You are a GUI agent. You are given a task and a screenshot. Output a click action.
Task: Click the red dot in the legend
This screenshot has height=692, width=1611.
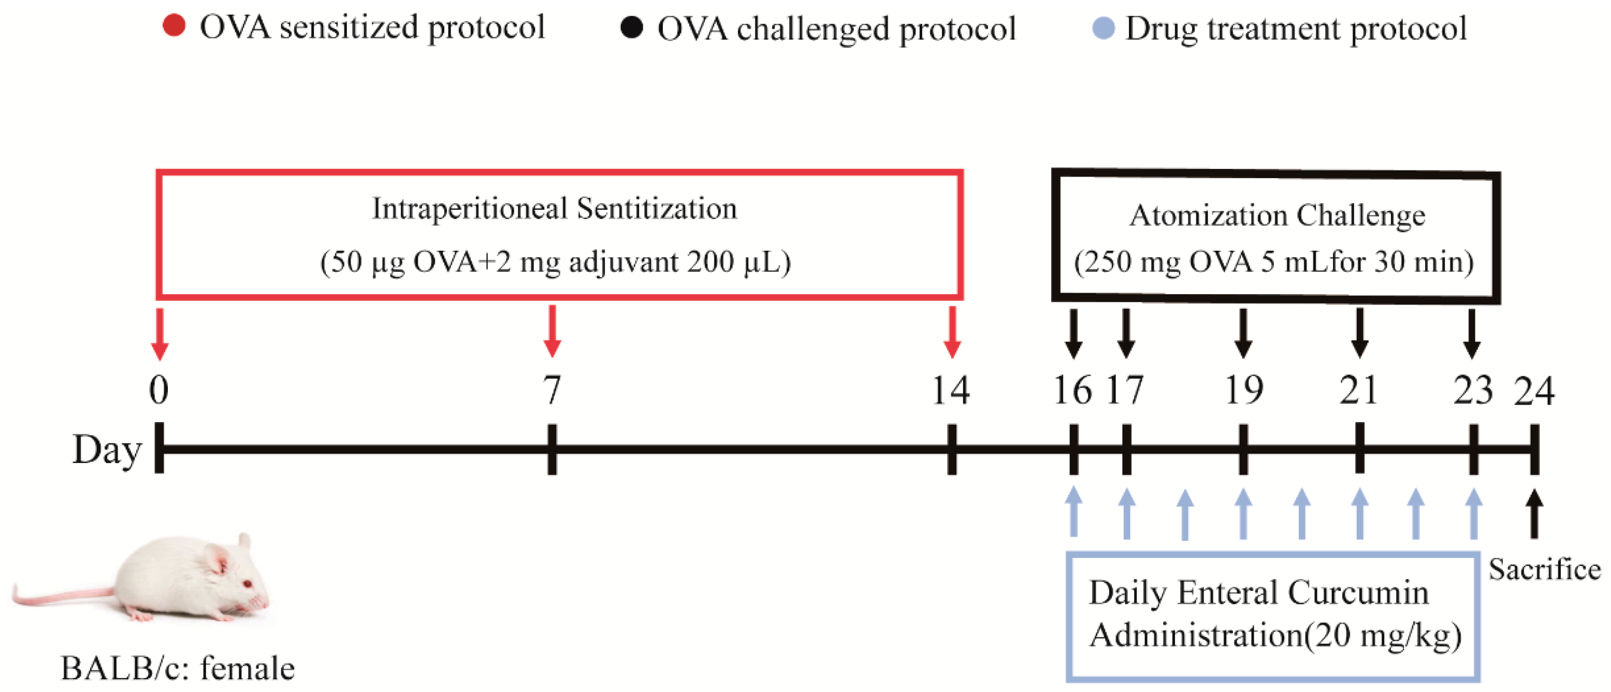point(174,26)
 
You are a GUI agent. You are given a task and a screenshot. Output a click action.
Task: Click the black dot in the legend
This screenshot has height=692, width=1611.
point(632,27)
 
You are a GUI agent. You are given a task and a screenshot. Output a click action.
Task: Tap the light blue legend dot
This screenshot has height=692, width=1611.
point(1103,27)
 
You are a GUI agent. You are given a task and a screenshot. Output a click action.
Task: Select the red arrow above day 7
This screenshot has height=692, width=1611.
point(552,331)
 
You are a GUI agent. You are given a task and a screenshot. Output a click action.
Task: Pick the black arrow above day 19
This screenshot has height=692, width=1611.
point(1243,334)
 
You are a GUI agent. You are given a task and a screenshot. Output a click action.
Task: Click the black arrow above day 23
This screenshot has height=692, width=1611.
point(1472,334)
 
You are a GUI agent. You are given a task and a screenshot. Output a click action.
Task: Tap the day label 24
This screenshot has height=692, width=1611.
point(1534,391)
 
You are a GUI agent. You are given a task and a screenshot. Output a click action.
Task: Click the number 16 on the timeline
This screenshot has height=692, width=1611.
point(1072,391)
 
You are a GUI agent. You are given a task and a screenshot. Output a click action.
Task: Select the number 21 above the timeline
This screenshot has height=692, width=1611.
point(1358,391)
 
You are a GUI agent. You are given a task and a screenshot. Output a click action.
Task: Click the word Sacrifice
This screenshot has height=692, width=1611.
point(1544,569)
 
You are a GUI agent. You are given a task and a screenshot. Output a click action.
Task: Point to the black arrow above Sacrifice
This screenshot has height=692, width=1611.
point(1534,513)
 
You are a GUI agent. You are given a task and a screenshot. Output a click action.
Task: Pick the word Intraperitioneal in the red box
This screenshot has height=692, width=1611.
point(470,209)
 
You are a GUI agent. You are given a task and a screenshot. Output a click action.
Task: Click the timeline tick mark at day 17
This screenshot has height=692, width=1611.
point(1126,449)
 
